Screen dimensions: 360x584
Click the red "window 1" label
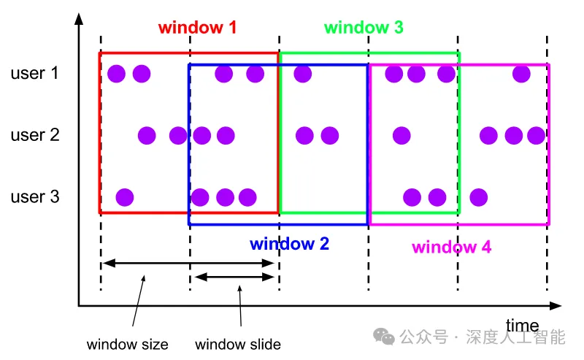point(197,28)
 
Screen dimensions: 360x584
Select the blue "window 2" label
point(289,244)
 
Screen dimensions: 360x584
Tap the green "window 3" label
point(364,28)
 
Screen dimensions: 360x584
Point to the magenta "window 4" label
point(451,247)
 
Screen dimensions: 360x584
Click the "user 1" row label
point(34,73)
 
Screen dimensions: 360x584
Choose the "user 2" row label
point(34,135)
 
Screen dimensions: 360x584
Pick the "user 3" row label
point(34,197)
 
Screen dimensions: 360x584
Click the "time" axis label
point(522,326)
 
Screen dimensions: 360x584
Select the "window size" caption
point(127,345)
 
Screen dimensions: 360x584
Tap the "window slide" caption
point(238,345)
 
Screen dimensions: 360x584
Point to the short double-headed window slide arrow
point(234,277)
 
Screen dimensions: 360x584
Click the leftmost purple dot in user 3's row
point(125,197)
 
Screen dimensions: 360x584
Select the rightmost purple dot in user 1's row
point(521,73)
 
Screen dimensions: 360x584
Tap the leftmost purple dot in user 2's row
point(147,135)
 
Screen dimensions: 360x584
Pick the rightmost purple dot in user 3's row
point(478,197)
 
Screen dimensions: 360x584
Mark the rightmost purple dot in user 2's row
point(536,135)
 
